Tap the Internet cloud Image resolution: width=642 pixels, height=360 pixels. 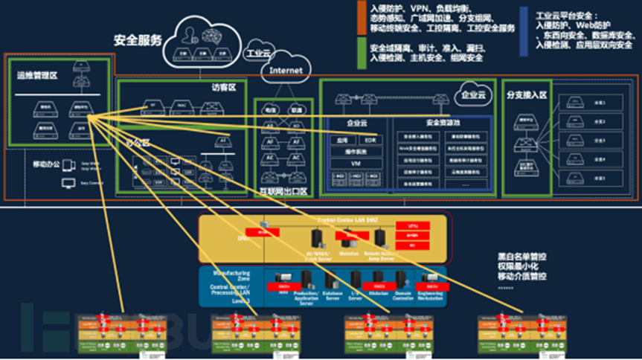[286, 71]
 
